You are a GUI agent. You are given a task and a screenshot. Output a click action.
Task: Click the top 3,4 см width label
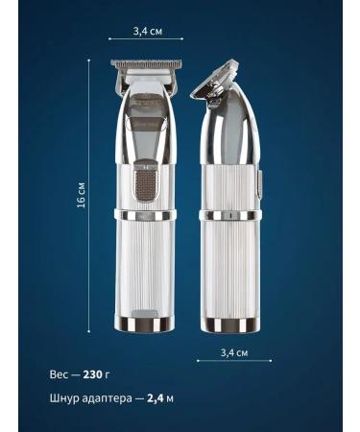tap(147, 32)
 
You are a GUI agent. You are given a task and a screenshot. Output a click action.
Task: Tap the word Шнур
tap(64, 396)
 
